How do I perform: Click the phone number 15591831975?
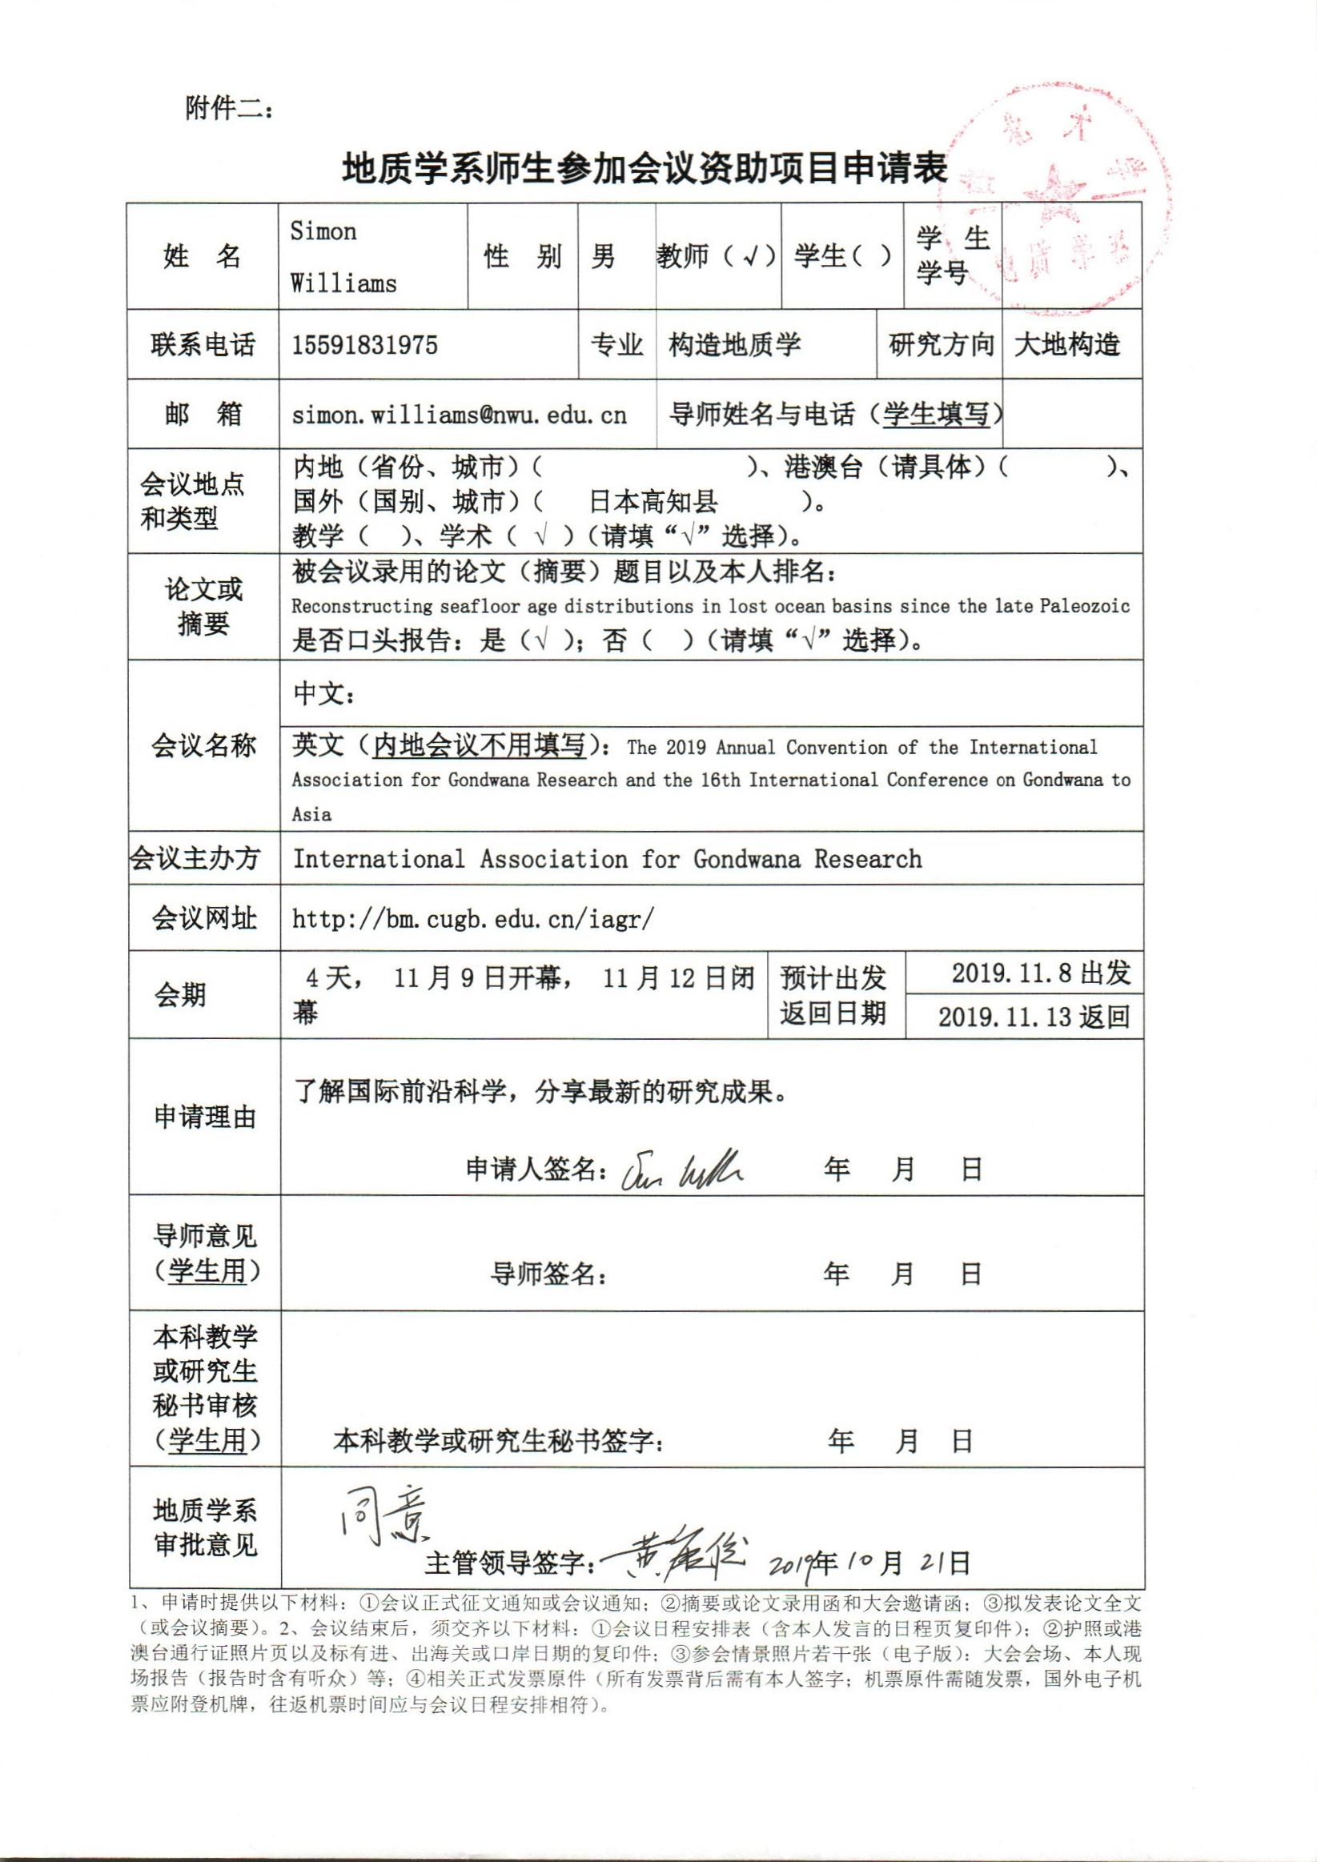pyautogui.click(x=364, y=346)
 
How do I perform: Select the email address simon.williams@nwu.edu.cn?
pyautogui.click(x=459, y=415)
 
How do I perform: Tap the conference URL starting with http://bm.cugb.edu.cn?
pyautogui.click(x=473, y=919)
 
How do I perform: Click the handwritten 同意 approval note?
pyautogui.click(x=381, y=1523)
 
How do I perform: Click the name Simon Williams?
pyautogui.click(x=343, y=257)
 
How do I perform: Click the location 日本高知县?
pyautogui.click(x=652, y=502)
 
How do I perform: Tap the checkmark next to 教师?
pyautogui.click(x=751, y=257)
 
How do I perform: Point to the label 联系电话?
pyautogui.click(x=203, y=346)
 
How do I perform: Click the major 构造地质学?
pyautogui.click(x=734, y=346)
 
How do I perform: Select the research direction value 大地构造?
pyautogui.click(x=1066, y=346)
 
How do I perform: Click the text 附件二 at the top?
pyautogui.click(x=231, y=108)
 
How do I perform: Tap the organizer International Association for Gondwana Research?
pyautogui.click(x=607, y=859)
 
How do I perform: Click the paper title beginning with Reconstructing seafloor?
pyautogui.click(x=709, y=607)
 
